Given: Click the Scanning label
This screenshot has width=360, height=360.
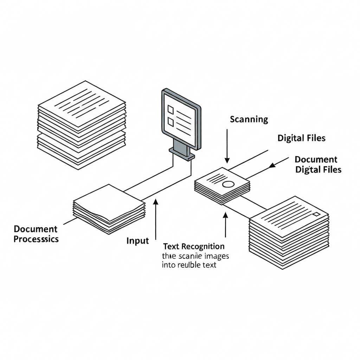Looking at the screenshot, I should (x=249, y=120).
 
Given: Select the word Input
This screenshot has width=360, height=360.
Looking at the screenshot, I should (x=137, y=241).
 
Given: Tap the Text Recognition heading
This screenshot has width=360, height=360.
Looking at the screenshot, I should (x=194, y=246).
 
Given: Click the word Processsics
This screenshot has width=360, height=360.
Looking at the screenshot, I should (x=36, y=239).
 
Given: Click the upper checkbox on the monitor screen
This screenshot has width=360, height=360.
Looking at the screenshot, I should (x=171, y=109).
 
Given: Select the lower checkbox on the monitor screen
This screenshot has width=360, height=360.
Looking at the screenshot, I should (x=171, y=122).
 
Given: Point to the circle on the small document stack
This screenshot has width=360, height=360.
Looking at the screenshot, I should (x=228, y=184).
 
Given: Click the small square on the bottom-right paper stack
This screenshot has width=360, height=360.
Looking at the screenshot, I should (x=316, y=214).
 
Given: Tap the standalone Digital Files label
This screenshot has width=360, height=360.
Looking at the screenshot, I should (x=301, y=138).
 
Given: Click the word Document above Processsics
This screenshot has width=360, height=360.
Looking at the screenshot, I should (x=36, y=229).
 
